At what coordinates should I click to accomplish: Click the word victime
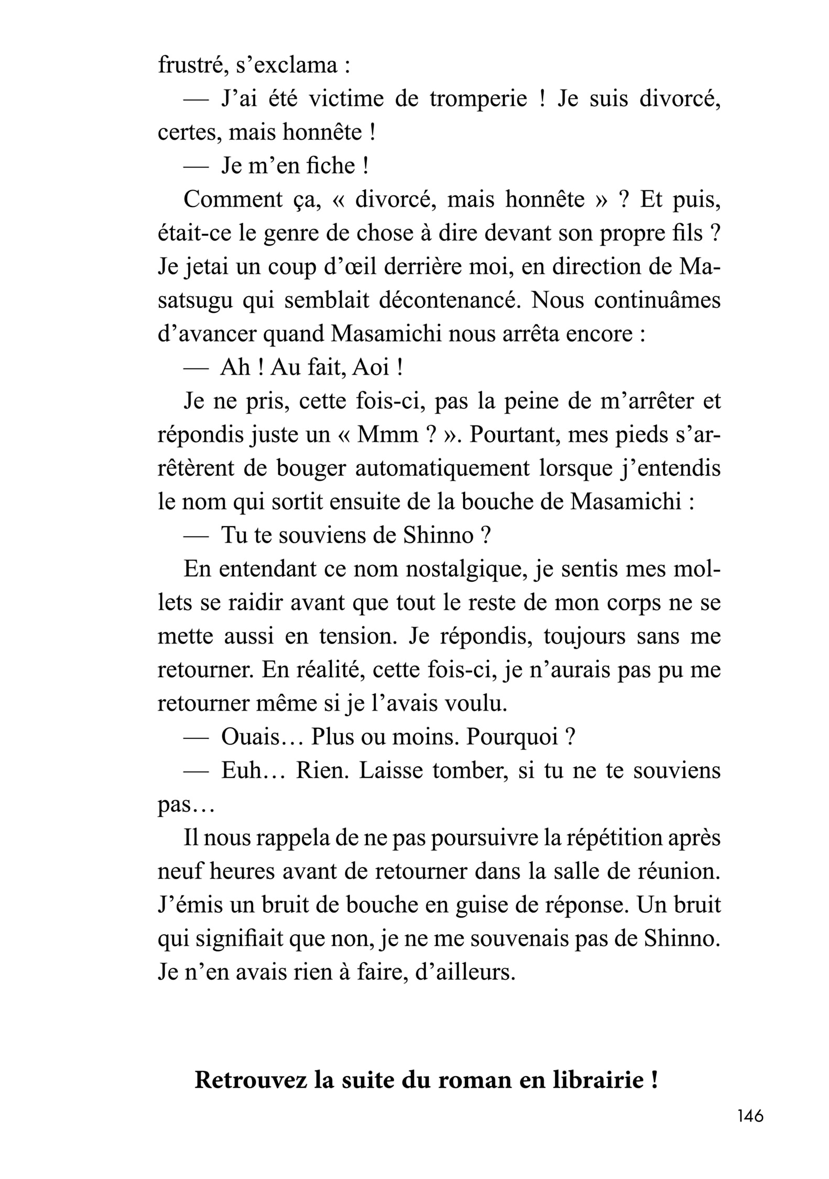click(347, 99)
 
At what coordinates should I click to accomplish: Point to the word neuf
click(180, 870)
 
